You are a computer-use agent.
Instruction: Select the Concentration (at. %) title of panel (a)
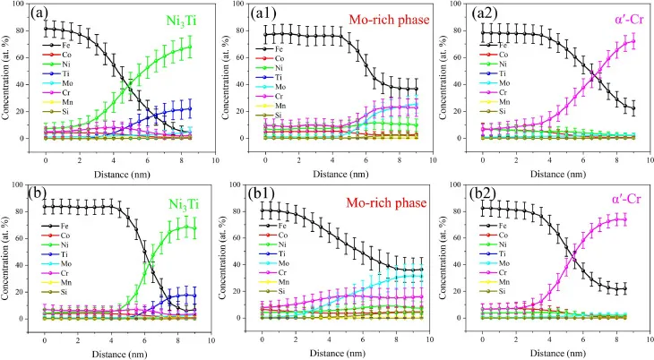point(8,76)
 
